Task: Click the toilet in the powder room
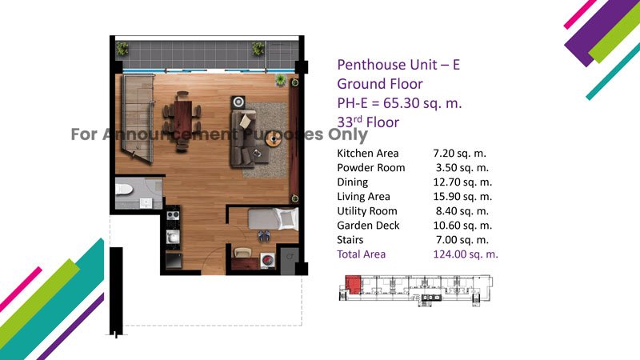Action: click(124, 190)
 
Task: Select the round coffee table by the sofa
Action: click(273, 139)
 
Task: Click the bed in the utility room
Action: click(273, 218)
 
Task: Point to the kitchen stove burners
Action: click(173, 215)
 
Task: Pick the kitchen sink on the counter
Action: click(173, 237)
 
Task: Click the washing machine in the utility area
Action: click(267, 261)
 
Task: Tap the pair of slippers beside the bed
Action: click(264, 236)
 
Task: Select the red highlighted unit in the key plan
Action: click(353, 284)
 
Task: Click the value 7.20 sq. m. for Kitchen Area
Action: click(459, 154)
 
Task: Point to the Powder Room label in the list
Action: click(370, 168)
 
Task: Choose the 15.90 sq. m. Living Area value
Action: click(462, 197)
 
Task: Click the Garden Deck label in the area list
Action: click(368, 226)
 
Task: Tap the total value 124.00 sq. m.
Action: click(466, 254)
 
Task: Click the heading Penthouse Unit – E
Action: click(398, 65)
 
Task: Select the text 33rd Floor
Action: click(368, 122)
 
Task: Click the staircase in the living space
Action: click(138, 118)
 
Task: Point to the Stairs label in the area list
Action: click(350, 240)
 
